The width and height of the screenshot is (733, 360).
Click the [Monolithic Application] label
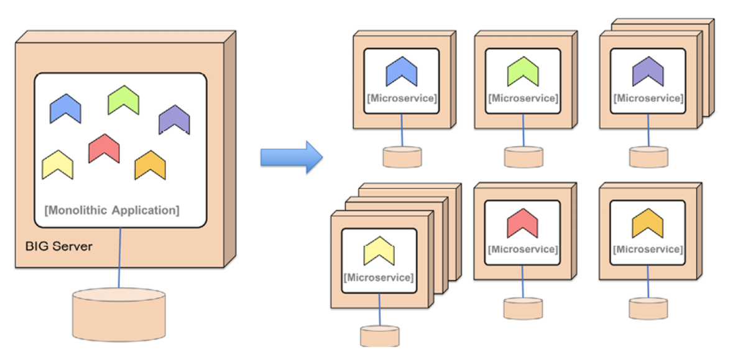click(x=112, y=210)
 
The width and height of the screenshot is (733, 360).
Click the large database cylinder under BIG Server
click(x=119, y=313)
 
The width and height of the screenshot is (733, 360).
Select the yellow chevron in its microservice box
click(x=379, y=250)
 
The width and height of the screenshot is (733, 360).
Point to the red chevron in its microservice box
click(x=522, y=222)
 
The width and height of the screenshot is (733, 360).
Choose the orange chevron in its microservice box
click(x=647, y=222)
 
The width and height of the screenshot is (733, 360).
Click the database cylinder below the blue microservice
click(x=402, y=157)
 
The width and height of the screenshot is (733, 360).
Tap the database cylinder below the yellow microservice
click(x=379, y=336)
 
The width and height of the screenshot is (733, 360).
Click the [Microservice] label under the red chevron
click(x=523, y=249)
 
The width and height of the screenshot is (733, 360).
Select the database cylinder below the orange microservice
click(x=648, y=308)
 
